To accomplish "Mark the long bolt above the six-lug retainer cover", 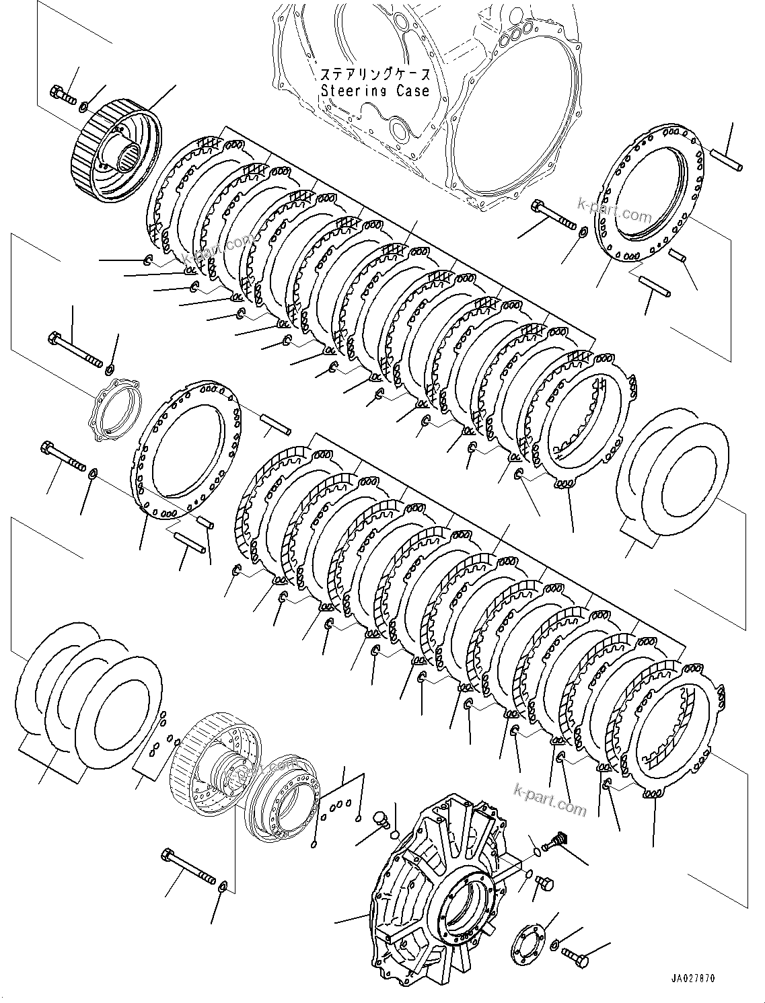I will (74, 349).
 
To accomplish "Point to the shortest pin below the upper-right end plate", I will (678, 256).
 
